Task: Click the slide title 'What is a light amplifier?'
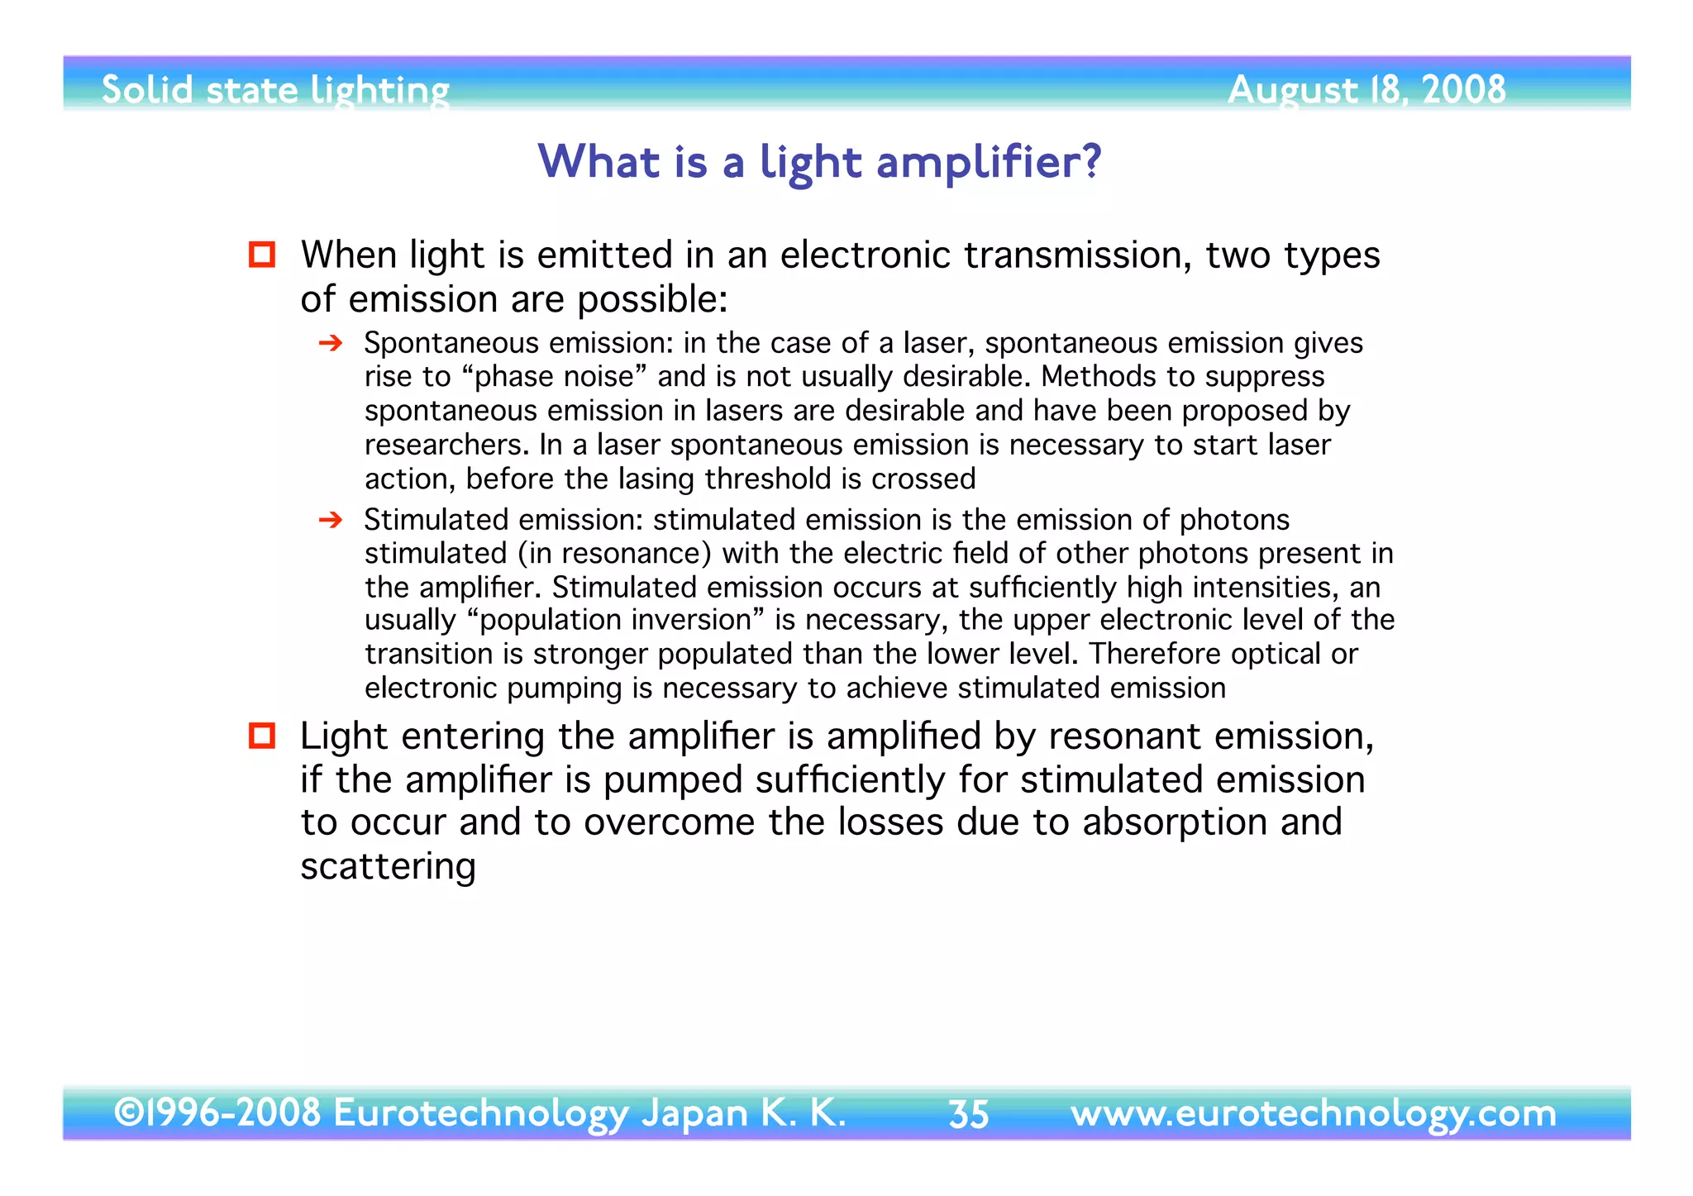(819, 161)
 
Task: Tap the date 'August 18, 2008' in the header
(1366, 89)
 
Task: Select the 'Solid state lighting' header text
(275, 90)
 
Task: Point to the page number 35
(968, 1114)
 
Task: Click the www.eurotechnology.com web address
(1313, 1113)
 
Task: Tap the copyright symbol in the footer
(128, 1113)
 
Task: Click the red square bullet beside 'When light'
(262, 255)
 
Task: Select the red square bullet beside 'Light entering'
(262, 735)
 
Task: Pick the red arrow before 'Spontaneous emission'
(331, 343)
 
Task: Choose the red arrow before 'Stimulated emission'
(331, 520)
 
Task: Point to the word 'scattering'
(388, 866)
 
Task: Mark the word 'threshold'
(770, 479)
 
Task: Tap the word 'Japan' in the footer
(694, 1113)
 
